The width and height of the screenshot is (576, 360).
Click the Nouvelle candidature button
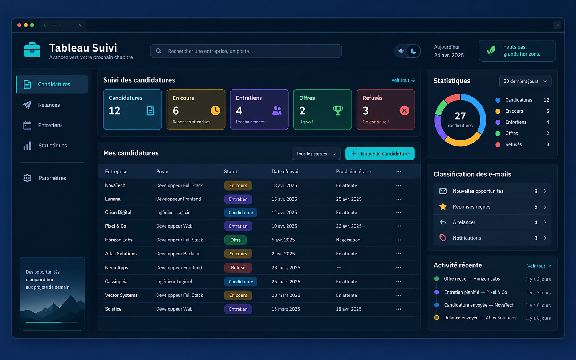380,154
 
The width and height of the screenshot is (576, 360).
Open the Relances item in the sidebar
49,105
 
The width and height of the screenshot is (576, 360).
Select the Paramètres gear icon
27,178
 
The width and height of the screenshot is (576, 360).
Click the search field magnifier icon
159,51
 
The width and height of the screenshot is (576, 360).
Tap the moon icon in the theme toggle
414,51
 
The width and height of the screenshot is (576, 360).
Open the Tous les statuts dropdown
316,154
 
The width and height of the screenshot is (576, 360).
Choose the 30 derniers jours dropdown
525,81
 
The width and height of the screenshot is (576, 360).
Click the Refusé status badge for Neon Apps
238,268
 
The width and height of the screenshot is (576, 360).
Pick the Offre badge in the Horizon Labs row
235,240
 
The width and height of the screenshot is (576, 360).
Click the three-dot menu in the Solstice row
398,309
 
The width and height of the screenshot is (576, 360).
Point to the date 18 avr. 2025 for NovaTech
284,185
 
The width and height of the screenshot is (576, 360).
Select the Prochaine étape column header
353,171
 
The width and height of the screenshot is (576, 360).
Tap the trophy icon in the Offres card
338,110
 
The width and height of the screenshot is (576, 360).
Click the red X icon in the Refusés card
404,110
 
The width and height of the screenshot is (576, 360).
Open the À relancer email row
492,222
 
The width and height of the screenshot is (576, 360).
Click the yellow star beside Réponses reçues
443,206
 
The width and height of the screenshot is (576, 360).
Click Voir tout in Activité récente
539,266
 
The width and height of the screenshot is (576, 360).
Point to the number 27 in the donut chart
460,116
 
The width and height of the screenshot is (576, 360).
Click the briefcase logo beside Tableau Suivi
32,50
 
